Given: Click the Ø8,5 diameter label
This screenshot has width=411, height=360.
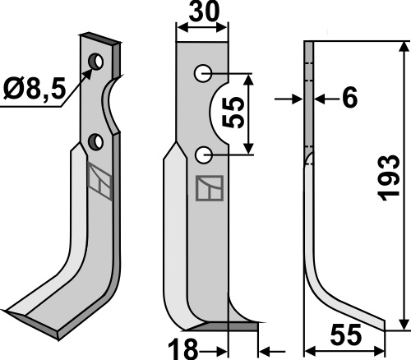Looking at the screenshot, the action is click(35, 88).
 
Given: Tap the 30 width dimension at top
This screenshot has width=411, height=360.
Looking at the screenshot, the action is click(204, 12).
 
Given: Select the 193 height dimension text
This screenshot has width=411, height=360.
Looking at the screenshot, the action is click(388, 178).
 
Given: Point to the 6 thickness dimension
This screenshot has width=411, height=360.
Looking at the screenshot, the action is click(350, 98).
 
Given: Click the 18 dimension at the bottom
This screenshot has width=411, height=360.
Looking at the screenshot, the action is click(182, 348).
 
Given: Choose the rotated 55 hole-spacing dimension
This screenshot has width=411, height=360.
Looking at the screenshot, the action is click(233, 113).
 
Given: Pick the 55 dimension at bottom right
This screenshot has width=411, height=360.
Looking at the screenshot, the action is click(346, 335).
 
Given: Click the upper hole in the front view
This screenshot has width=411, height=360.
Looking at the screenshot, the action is click(203, 73).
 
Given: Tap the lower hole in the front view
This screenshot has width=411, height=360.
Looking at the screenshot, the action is click(203, 155).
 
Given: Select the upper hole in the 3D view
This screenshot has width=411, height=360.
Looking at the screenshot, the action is click(95, 61).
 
